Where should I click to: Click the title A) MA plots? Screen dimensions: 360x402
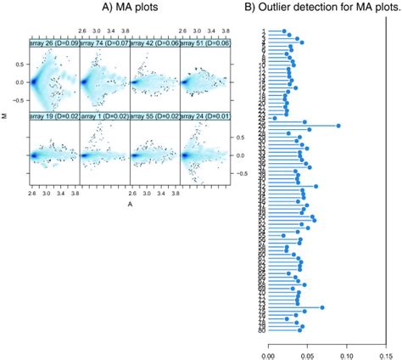(131, 9)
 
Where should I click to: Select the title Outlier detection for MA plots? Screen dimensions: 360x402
(328, 9)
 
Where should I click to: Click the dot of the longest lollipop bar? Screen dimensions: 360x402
(338, 126)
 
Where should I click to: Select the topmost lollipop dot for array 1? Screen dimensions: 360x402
(284, 31)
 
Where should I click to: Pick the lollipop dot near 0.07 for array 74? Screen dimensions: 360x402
(322, 307)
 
